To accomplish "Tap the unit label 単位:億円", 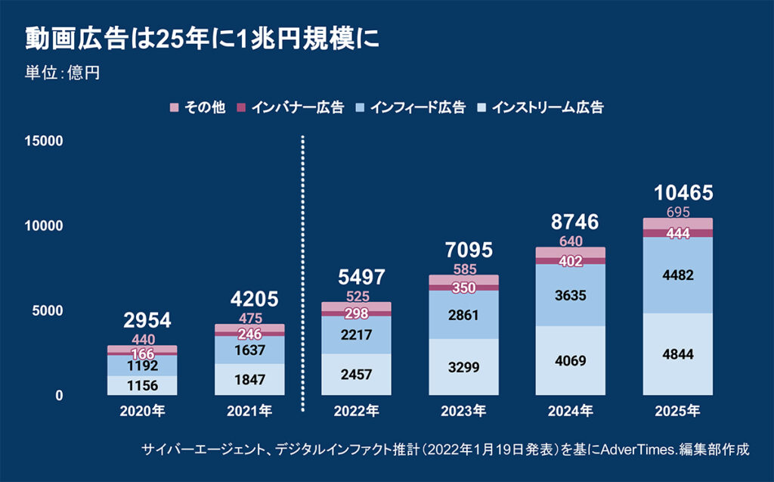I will coord(63,73).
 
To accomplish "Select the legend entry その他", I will coord(199,107).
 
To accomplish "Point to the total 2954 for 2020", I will coord(142,321).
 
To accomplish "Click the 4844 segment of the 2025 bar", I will coord(678,354).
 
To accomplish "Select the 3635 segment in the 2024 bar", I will coord(571,294).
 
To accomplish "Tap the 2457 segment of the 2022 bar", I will coord(357,374).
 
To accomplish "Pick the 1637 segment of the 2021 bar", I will coord(249,350).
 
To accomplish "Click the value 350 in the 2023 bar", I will coord(463,288).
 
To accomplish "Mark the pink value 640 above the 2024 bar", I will coord(571,241).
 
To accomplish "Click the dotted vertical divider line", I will coord(303,272).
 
